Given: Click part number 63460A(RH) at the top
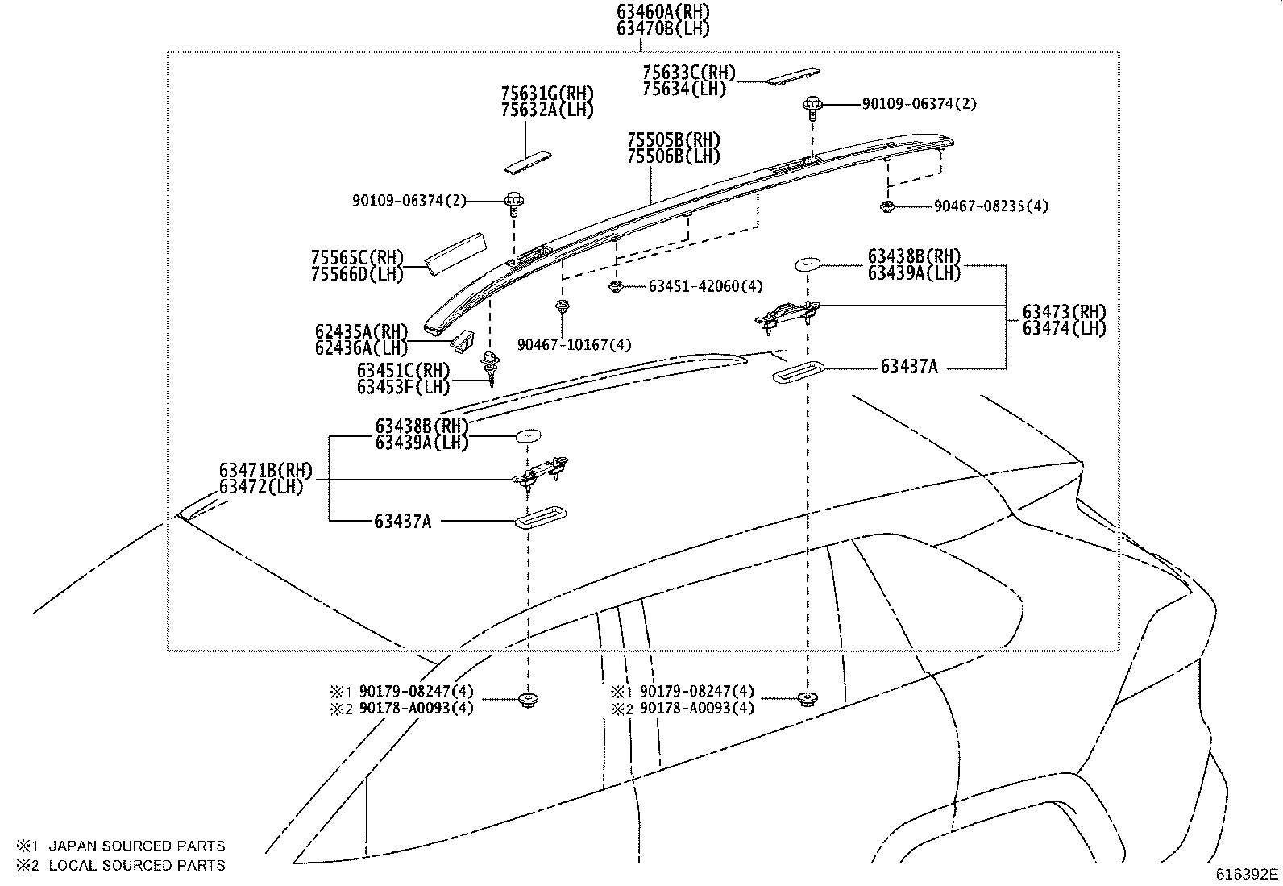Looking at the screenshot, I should pyautogui.click(x=663, y=11).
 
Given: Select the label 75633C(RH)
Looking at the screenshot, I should pyautogui.click(x=689, y=72).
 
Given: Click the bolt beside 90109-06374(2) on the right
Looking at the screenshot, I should pyautogui.click(x=812, y=106).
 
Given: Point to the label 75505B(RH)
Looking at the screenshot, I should pyautogui.click(x=674, y=139).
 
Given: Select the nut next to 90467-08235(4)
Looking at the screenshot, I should pyautogui.click(x=887, y=207).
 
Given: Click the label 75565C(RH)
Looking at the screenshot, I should pyautogui.click(x=356, y=258).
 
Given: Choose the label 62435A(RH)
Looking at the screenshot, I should pyautogui.click(x=362, y=331).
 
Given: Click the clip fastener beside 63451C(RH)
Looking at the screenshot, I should pyautogui.click(x=490, y=365).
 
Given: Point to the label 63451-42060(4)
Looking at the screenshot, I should pyautogui.click(x=705, y=286).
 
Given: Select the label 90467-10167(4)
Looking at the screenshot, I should pyautogui.click(x=574, y=345).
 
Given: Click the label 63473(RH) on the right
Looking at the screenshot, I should pyautogui.click(x=1064, y=311).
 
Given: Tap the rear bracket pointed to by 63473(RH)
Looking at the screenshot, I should pyautogui.click(x=787, y=313).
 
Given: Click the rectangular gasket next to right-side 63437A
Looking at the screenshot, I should pyautogui.click(x=797, y=372).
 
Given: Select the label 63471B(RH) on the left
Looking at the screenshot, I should pyautogui.click(x=265, y=471).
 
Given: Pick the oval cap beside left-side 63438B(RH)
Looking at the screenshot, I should pyautogui.click(x=528, y=435).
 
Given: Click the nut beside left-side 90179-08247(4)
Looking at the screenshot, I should pyautogui.click(x=528, y=699).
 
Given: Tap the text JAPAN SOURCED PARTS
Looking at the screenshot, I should pyautogui.click(x=137, y=846).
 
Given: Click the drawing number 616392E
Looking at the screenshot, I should pyautogui.click(x=1247, y=873).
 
